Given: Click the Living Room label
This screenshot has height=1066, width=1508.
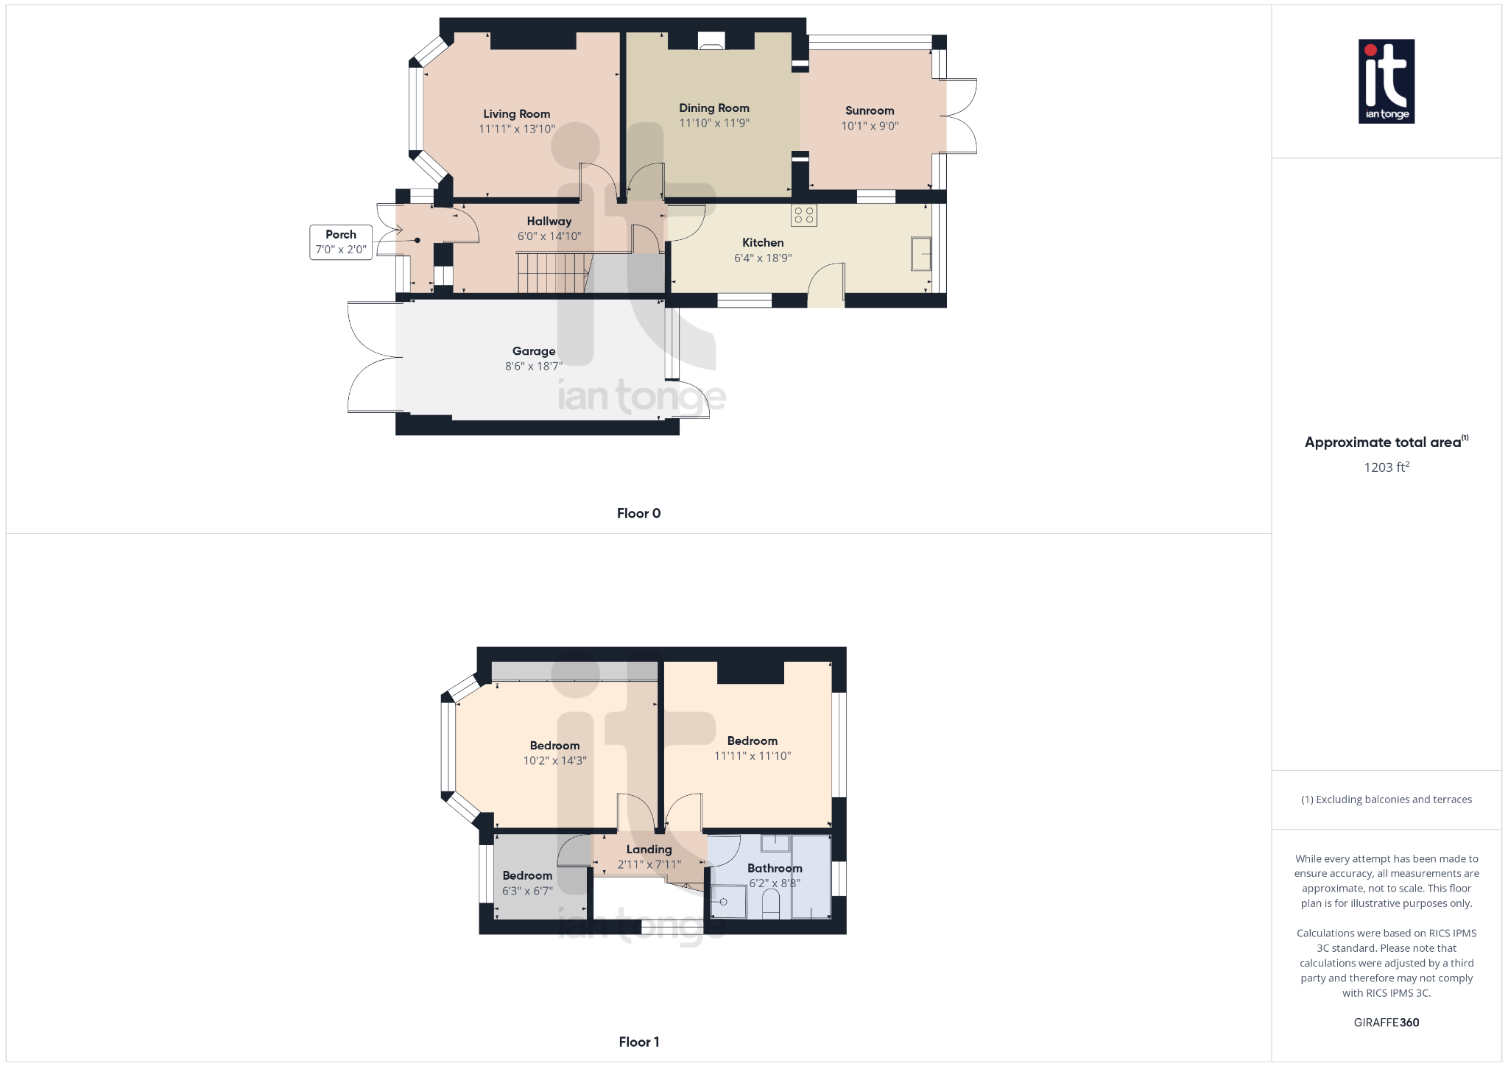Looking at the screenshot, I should coord(516,114).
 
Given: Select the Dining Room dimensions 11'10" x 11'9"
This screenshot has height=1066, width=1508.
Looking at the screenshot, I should coord(714,124).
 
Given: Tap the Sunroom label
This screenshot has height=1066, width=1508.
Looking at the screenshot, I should coord(870,111).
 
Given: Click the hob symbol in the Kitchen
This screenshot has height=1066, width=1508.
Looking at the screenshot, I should coord(804,215).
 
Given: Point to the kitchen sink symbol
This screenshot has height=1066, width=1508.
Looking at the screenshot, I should coord(921,253).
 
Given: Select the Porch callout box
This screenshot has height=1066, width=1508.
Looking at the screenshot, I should coord(341,242).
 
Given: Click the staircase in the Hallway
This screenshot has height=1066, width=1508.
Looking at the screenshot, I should coord(552,272).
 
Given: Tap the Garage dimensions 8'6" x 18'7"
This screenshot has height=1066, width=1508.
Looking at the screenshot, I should coord(533,367).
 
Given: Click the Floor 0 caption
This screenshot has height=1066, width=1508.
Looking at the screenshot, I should coord(638,514).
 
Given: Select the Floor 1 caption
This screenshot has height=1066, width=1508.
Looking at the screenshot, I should coord(638,1042).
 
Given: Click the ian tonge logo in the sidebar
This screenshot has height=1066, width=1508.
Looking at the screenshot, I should coord(1386,81).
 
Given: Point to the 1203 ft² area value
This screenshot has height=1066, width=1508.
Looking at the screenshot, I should coord(1386,467).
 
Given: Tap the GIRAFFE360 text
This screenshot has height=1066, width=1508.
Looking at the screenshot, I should coord(1386,1023).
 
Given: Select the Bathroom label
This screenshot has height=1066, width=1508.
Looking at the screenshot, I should coord(775,869).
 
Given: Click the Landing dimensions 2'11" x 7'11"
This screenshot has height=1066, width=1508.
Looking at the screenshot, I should coord(649,865).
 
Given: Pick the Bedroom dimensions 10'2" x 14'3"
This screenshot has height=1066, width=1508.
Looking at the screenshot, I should coord(554,761).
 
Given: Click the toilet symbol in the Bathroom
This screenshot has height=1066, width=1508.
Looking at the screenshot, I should coord(770,904).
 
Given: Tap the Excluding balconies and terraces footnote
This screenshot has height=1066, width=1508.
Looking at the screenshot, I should coord(1386,799).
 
